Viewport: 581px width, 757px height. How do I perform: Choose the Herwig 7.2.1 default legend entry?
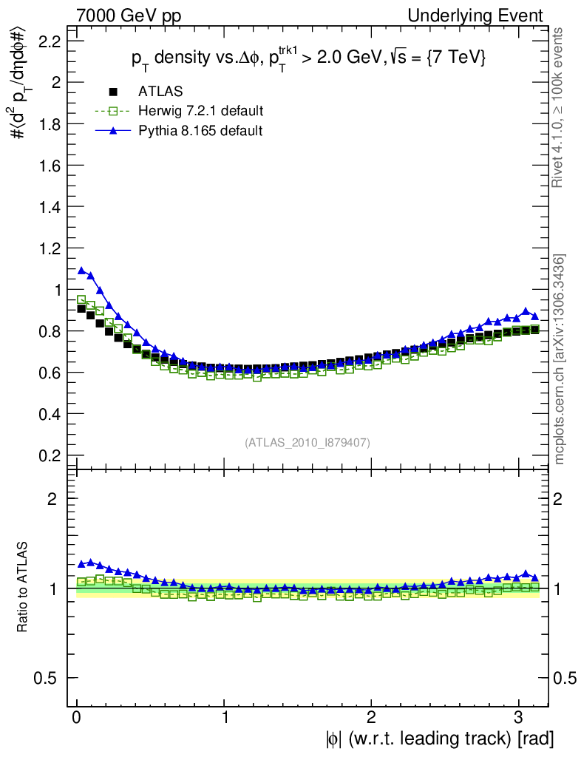[x=200, y=111]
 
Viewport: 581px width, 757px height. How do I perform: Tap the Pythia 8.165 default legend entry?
[x=200, y=130]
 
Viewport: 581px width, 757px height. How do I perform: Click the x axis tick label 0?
[x=77, y=718]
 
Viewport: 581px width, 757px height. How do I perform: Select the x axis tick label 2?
[x=372, y=718]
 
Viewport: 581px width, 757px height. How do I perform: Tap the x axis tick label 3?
[x=519, y=718]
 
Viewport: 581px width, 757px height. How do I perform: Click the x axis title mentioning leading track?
[x=438, y=738]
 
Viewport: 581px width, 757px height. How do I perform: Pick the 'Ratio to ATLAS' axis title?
[x=23, y=588]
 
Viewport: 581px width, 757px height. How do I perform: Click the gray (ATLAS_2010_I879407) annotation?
[x=308, y=442]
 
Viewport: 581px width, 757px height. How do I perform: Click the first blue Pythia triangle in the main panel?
[x=81, y=271]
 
